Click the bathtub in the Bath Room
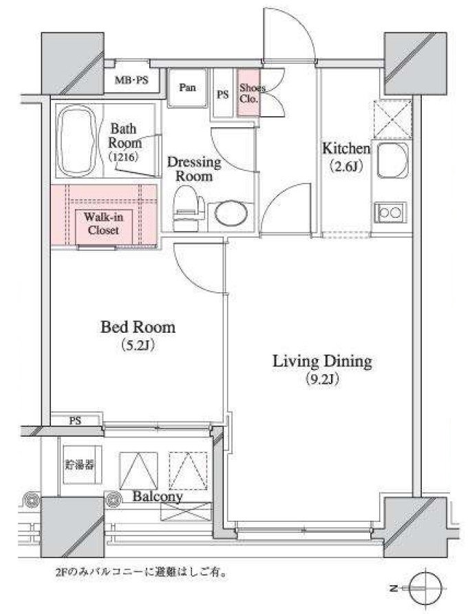(76, 140)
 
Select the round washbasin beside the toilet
(231, 213)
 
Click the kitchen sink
(392, 161)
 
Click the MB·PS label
(131, 80)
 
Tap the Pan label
(187, 87)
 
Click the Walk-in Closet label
(103, 223)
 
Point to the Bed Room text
(138, 327)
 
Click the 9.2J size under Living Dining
(322, 379)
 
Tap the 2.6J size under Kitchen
(345, 166)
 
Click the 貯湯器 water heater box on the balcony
(80, 465)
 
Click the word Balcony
(158, 496)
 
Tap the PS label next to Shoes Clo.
(223, 94)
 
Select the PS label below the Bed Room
(75, 421)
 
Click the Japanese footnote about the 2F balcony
(141, 573)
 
